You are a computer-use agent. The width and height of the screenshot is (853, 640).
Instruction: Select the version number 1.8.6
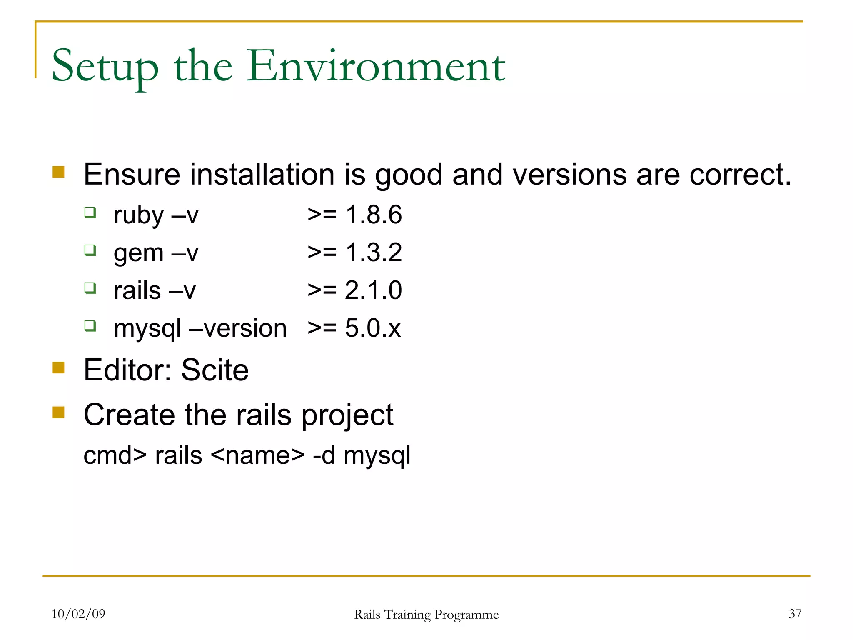[x=374, y=215]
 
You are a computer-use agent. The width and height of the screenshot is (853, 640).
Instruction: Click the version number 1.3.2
[x=374, y=252]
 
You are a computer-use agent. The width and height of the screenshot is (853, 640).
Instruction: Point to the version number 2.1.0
[x=373, y=290]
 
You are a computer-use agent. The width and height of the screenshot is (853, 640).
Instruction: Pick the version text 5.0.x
[x=372, y=328]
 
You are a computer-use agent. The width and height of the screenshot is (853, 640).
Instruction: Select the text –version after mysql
[x=238, y=328]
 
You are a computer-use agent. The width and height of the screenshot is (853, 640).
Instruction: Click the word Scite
[x=215, y=370]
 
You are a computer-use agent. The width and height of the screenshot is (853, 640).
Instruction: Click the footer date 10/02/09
[x=78, y=614]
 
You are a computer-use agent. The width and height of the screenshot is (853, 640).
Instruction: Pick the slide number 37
[x=795, y=614]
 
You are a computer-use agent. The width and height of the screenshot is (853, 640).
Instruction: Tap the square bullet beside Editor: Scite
[x=59, y=367]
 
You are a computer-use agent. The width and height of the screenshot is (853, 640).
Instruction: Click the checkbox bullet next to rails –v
[x=90, y=287]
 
